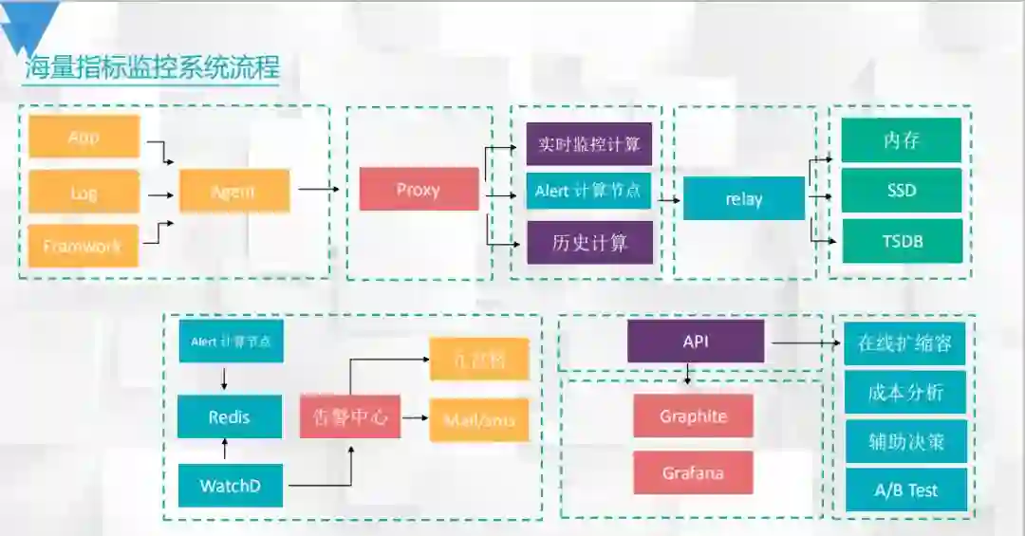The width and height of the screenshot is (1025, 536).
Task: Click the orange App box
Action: [84, 138]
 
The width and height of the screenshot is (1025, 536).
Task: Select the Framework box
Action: [83, 246]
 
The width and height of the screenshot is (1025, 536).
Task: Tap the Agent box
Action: [233, 192]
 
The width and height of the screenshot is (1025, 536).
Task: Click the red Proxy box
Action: [419, 190]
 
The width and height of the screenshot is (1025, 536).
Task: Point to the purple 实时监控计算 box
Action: [589, 144]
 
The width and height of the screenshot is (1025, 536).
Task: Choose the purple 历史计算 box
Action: [589, 242]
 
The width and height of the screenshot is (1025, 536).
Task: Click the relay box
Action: [744, 199]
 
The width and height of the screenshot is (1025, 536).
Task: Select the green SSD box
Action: [902, 190]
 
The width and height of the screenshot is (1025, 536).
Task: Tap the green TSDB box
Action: [902, 241]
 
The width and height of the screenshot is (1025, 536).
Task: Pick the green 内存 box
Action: [902, 140]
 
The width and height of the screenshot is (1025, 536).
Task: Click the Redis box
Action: [230, 416]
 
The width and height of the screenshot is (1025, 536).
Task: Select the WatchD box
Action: [230, 486]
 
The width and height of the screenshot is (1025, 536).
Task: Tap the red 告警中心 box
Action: [350, 416]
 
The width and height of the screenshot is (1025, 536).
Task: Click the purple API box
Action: [696, 342]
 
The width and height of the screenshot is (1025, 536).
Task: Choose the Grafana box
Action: [694, 472]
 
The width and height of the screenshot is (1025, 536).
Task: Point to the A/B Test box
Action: [905, 490]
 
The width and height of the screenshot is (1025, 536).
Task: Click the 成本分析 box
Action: [905, 392]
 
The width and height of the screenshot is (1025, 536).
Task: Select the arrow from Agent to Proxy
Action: [319, 189]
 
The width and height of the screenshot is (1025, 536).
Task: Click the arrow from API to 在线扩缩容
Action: [804, 342]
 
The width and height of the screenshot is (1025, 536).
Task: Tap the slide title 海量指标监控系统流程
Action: [152, 68]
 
